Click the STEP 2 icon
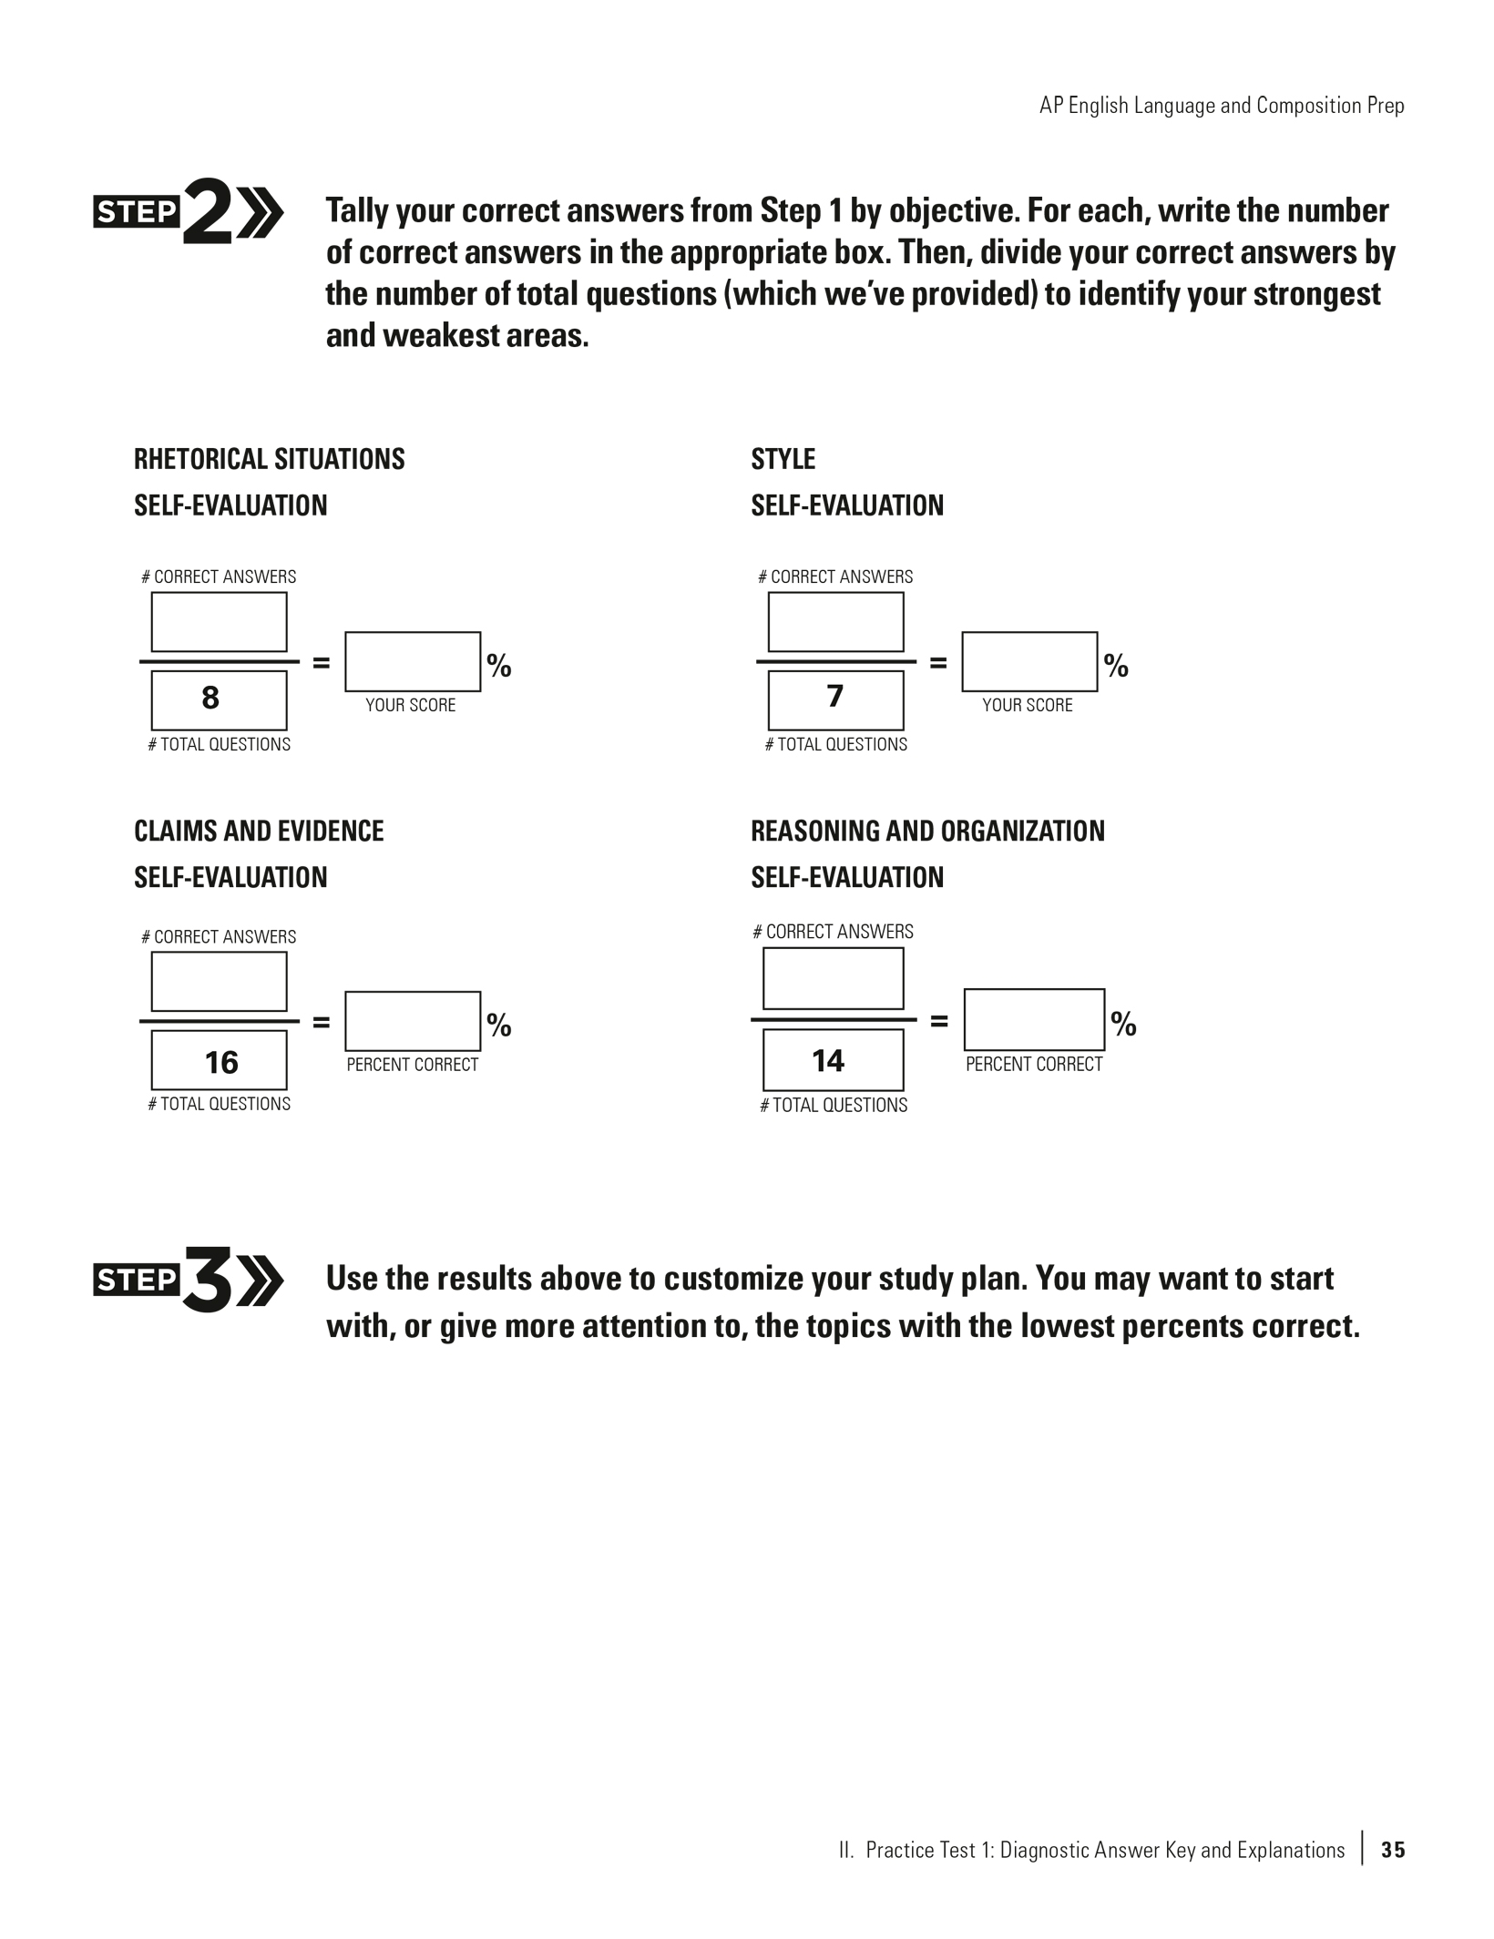click(x=189, y=212)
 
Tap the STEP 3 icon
click(x=189, y=1280)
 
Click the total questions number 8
click(x=210, y=699)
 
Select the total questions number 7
click(x=834, y=697)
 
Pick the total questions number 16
click(x=220, y=1062)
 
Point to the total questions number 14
click(x=828, y=1060)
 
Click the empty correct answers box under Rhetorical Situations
click(x=219, y=622)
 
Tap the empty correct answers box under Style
click(x=835, y=622)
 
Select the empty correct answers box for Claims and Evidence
click(x=219, y=982)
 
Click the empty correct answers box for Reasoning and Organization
click(x=833, y=979)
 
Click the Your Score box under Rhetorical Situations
click(x=413, y=662)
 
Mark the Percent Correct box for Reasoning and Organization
click(x=1034, y=1020)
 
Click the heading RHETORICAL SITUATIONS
click(x=270, y=459)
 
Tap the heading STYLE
click(x=783, y=459)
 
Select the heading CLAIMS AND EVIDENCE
click(x=259, y=831)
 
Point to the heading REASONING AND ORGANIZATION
click(x=927, y=831)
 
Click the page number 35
click(x=1393, y=1850)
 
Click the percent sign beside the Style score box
click(x=1116, y=666)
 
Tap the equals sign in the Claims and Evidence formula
click(x=321, y=1022)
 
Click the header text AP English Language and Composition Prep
click(x=1222, y=106)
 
